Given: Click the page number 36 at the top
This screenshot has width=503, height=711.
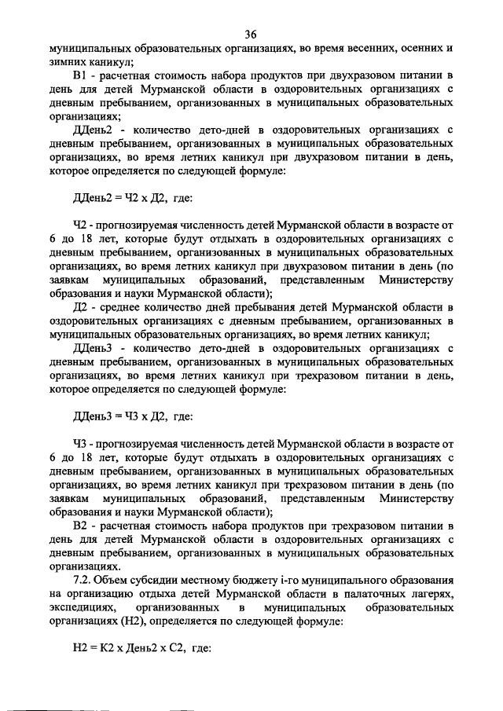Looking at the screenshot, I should pos(251,33).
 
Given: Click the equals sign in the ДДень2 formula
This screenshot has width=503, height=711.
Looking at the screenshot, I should pos(108,198).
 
